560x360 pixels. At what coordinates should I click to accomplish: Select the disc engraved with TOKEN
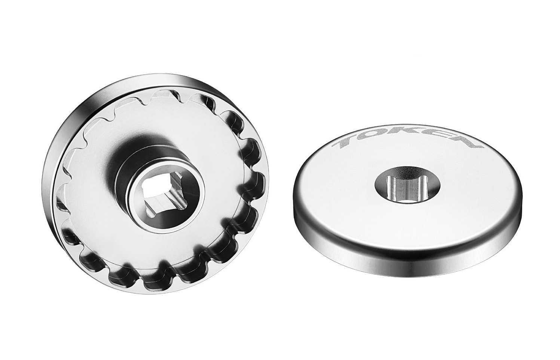click(408, 202)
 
